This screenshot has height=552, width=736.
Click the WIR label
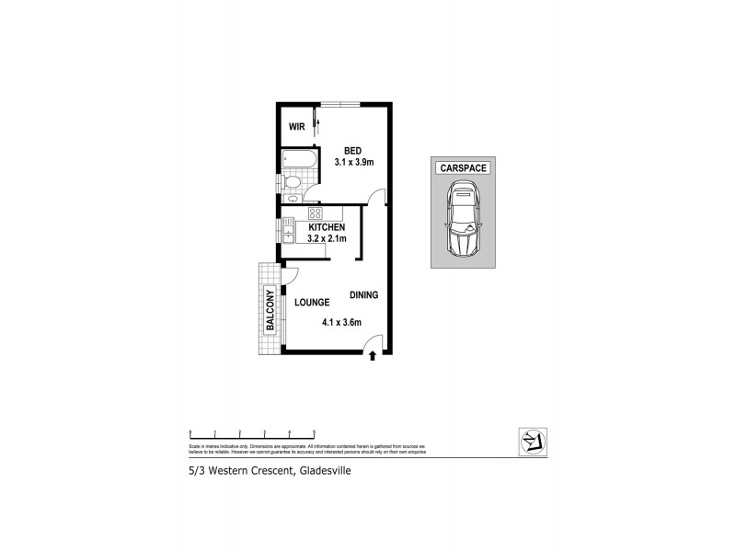(x=297, y=126)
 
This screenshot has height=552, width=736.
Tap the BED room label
(x=353, y=151)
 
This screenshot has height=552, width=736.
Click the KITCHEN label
(x=327, y=227)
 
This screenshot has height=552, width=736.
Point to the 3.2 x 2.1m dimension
(x=327, y=239)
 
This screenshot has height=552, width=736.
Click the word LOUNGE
(x=313, y=302)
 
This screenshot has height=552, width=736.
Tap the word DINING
(x=364, y=294)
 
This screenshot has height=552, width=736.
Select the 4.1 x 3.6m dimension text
(x=341, y=322)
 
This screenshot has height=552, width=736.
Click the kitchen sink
(x=288, y=237)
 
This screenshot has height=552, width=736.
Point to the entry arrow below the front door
(x=372, y=355)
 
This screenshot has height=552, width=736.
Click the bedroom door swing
(x=374, y=196)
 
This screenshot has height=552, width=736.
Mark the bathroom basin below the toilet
(x=293, y=196)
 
